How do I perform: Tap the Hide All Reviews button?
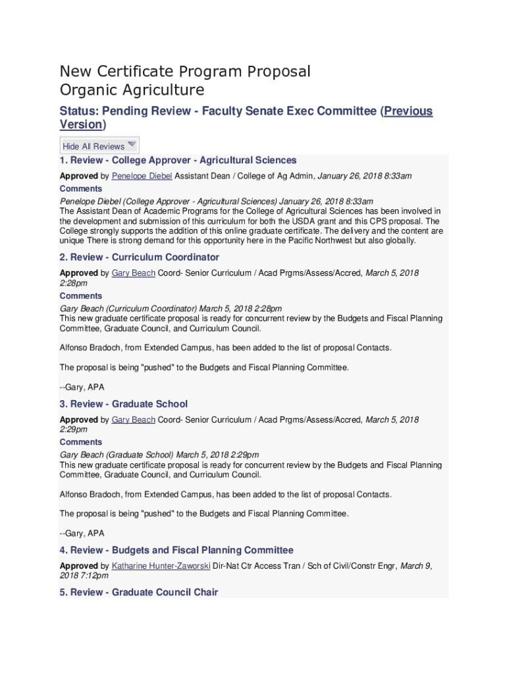[93, 146]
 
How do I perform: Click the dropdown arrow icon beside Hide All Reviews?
[132, 144]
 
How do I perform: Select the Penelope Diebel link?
[142, 176]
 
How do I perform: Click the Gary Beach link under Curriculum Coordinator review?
[133, 272]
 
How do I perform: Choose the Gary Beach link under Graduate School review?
[133, 419]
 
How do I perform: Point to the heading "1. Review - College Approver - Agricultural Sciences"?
[178, 160]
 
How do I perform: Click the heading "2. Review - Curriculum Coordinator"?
[139, 257]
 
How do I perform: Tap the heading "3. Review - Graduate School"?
[123, 403]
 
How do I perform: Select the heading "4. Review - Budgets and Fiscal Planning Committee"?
[176, 550]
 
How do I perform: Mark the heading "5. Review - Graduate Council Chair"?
[138, 592]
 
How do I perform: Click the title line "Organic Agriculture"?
[132, 90]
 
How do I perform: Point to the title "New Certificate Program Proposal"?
[185, 71]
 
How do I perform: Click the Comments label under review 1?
[81, 189]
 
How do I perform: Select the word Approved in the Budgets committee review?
[78, 565]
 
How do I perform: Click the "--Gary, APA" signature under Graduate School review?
[82, 533]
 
